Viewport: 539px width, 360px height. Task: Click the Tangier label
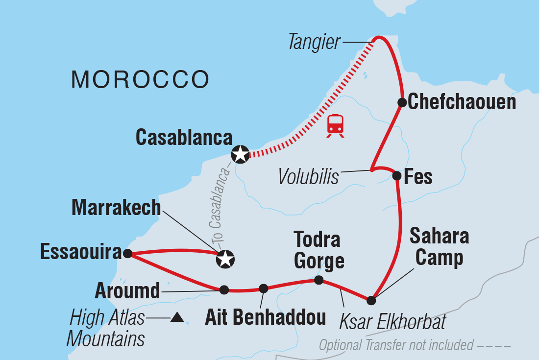pos(315,43)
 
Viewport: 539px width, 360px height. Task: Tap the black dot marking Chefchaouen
pos(402,102)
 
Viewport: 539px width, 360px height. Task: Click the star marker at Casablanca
pos(240,154)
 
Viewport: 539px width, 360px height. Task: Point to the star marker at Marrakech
pos(225,259)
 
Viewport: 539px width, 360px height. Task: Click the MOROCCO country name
pos(141,79)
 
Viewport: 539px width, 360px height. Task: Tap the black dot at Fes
pos(397,175)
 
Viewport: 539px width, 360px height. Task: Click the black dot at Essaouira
pos(127,254)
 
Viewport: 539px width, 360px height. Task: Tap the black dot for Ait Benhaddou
pos(264,288)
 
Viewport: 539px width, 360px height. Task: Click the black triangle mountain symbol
pos(177,318)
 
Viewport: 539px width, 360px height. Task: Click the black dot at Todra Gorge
pos(318,280)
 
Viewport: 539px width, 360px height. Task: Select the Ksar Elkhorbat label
pos(392,322)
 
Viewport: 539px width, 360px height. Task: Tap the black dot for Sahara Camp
pos(371,300)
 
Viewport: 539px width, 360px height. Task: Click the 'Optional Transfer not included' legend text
pos(396,346)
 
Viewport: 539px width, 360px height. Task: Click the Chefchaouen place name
pos(462,102)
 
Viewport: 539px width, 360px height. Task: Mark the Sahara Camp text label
pos(439,247)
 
